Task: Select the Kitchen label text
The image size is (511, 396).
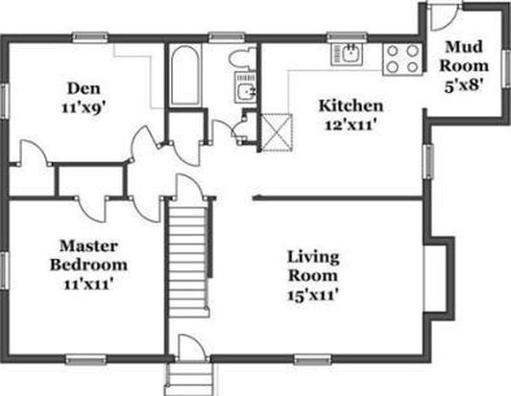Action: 351,106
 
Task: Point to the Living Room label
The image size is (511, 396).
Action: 313,267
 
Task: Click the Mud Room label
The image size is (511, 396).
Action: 464,57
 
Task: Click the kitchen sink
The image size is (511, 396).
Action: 348,54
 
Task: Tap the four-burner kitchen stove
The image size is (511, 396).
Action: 402,59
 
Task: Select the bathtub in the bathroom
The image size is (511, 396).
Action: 184,76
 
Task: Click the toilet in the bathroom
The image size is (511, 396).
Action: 243,58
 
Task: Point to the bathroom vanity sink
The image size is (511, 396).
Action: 246,88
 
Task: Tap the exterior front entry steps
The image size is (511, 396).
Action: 189,379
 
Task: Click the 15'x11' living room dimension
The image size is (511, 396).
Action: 312,296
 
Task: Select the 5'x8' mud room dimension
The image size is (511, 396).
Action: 464,87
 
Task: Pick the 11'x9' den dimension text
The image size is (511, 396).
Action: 85,107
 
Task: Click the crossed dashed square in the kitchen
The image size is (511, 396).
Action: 278,132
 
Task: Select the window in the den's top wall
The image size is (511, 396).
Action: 90,37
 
